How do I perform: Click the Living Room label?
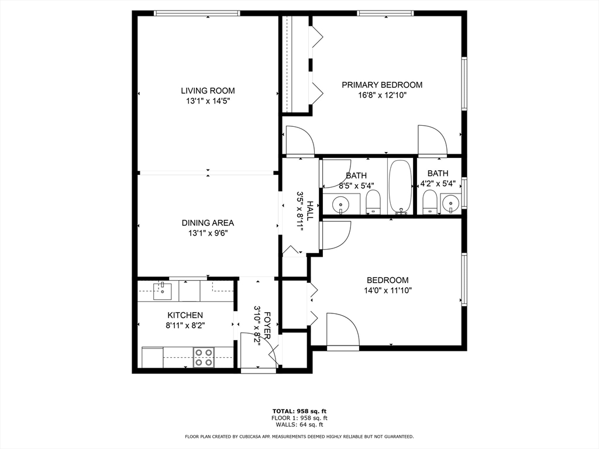click(208, 91)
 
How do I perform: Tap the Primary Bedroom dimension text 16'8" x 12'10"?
click(382, 95)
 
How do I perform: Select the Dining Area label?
click(208, 223)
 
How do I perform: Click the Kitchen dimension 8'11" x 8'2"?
click(185, 326)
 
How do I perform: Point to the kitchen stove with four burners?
click(204, 357)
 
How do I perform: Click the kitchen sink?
click(163, 291)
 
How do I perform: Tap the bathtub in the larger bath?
click(400, 187)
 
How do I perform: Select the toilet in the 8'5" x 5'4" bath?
click(373, 202)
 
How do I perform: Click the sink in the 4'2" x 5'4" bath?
click(451, 203)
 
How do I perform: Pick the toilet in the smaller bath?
click(430, 202)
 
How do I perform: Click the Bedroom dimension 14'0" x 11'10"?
click(388, 291)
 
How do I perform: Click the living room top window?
click(197, 13)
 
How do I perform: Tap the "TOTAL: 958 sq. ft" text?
click(299, 411)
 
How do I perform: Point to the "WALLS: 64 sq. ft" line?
click(299, 424)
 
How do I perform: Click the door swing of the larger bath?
click(336, 174)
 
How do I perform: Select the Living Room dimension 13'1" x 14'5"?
click(208, 101)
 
